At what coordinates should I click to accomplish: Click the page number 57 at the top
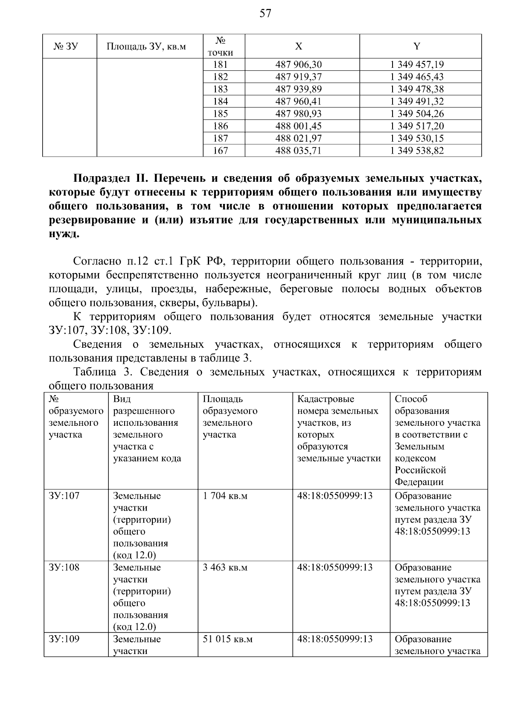(265, 14)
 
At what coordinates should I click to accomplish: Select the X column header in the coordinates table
(299, 47)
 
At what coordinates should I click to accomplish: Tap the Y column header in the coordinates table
(417, 47)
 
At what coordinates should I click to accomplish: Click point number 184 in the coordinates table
(220, 102)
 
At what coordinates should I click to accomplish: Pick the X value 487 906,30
(299, 65)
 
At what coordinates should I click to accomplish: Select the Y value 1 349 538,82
(417, 151)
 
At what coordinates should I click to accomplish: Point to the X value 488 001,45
(299, 126)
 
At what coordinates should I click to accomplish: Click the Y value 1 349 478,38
(417, 89)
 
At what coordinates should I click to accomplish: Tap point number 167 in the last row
(220, 151)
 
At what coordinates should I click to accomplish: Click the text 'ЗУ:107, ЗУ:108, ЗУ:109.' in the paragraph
(110, 330)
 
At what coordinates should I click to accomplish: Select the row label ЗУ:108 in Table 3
(64, 568)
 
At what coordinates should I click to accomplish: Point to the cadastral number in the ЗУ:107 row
(335, 496)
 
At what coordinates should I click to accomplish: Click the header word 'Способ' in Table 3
(411, 399)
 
